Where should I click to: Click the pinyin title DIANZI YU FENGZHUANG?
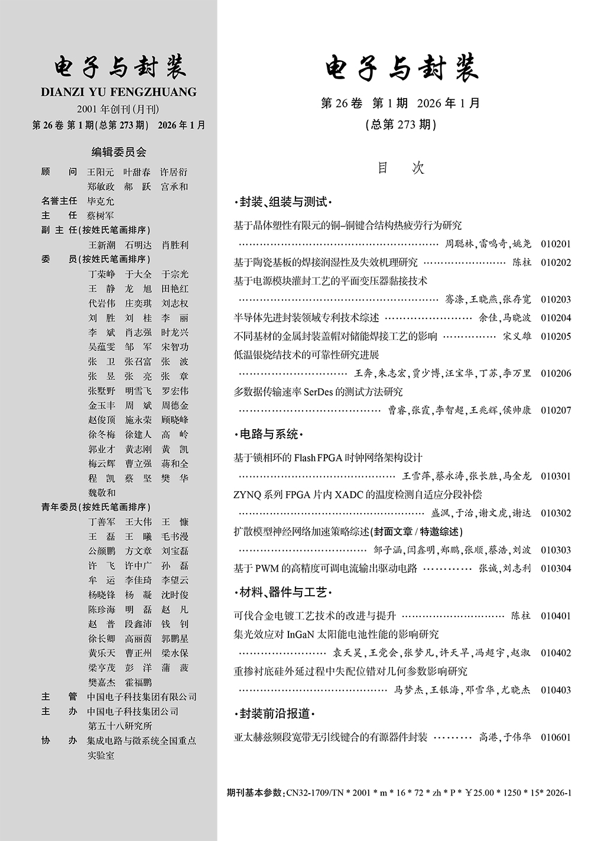[x=119, y=92]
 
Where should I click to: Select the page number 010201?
[x=556, y=244]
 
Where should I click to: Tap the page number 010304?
[x=556, y=569]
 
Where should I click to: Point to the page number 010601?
[x=556, y=738]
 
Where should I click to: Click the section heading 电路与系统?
[x=269, y=435]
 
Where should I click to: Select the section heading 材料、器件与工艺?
[x=283, y=592]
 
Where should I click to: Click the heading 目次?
[x=401, y=168]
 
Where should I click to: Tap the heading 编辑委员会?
[x=118, y=152]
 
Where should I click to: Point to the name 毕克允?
[x=101, y=201]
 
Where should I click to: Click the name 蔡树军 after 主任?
[x=101, y=216]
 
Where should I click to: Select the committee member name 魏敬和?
[x=102, y=493]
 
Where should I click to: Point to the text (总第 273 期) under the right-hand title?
[x=401, y=125]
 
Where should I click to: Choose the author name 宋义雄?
[x=517, y=336]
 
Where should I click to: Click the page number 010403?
[x=556, y=690]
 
